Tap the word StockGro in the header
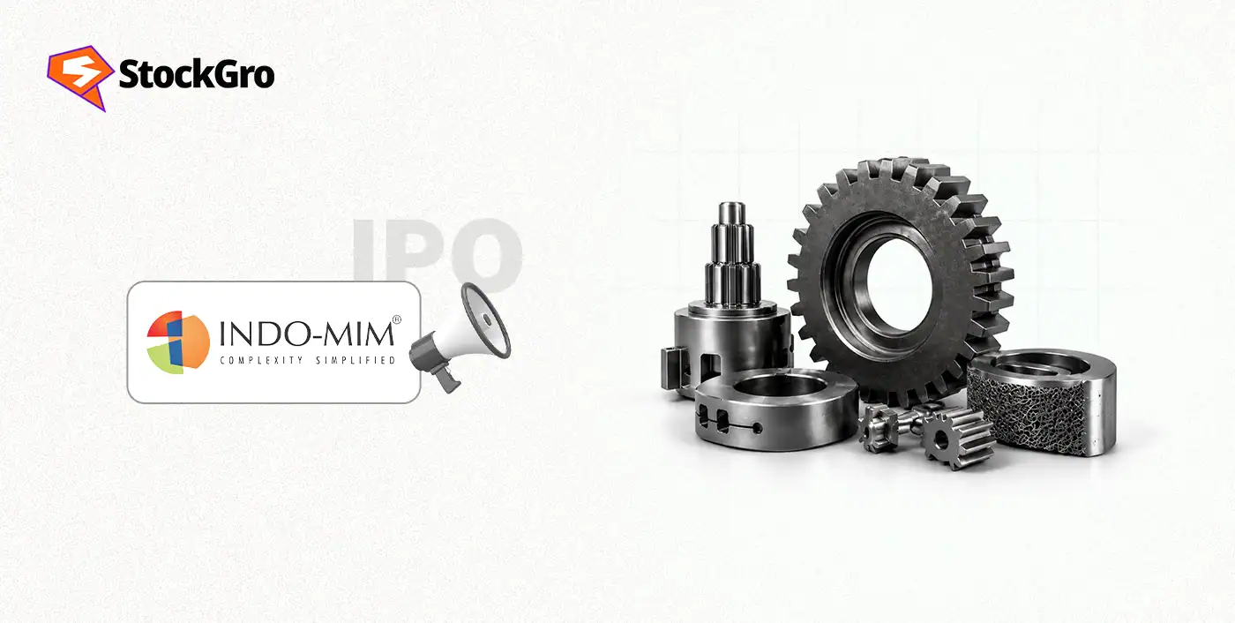pyautogui.click(x=196, y=74)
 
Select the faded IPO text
pyautogui.click(x=438, y=250)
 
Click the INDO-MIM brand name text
pyautogui.click(x=307, y=334)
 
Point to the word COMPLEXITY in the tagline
pyautogui.click(x=261, y=361)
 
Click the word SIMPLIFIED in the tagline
pyautogui.click(x=356, y=361)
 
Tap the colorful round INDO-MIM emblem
pyautogui.click(x=178, y=342)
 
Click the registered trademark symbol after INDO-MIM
pyautogui.click(x=396, y=319)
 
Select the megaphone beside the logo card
pyautogui.click(x=460, y=336)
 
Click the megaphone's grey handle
pyautogui.click(x=445, y=379)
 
